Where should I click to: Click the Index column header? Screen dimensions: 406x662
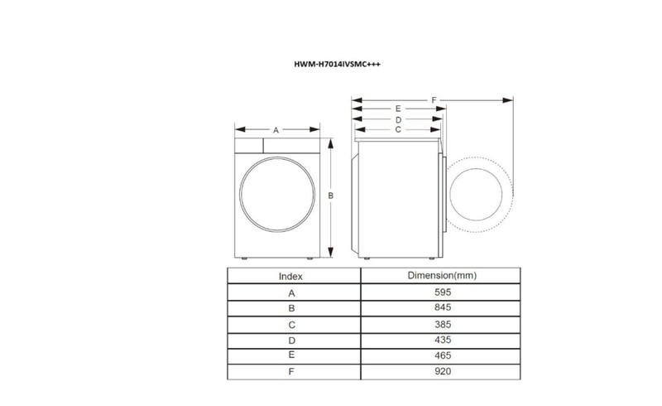pos(290,276)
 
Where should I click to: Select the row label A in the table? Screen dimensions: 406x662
pos(290,292)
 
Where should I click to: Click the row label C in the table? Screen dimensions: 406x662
pos(290,324)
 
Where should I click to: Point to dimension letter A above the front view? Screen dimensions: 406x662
pos(276,129)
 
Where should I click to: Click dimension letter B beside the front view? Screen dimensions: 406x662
pos(331,196)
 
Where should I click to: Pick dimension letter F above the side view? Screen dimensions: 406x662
pos(434,99)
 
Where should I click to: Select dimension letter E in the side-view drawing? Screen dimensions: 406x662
pos(398,109)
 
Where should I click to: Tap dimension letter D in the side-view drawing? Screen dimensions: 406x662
pos(398,119)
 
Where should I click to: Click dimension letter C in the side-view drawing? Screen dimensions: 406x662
pos(398,129)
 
